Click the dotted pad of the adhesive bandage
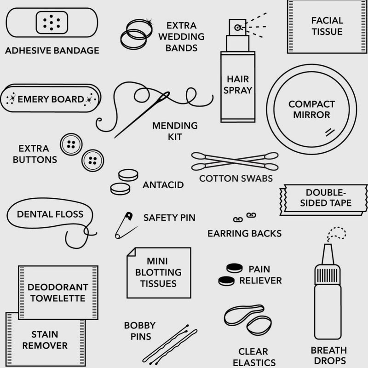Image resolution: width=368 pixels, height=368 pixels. coord(52,23)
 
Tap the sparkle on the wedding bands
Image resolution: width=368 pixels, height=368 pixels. coord(149,22)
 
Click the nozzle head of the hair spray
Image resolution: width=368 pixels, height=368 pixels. coord(237,28)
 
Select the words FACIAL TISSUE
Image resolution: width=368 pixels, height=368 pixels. coord(327,26)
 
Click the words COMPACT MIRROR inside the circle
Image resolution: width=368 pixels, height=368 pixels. coord(312,109)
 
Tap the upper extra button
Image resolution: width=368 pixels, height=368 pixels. coord(71,144)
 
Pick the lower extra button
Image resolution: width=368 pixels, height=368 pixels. coord(93,161)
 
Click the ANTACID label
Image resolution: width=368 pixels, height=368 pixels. coord(163,185)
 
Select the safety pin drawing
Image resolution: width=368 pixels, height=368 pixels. coord(126,225)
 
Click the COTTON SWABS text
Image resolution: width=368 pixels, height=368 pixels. coord(236,178)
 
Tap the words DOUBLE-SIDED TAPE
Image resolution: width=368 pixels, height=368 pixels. coord(326,198)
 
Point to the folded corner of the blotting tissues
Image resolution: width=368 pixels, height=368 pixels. coord(132,252)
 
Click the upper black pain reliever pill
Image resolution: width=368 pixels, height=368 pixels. coord(235,268)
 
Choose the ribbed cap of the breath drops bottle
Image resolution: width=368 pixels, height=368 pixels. coord(328,275)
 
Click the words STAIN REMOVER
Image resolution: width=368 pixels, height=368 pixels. coord(45,340)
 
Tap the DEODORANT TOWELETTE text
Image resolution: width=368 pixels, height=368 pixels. coord(58,293)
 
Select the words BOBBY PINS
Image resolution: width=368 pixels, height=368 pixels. coord(140,331)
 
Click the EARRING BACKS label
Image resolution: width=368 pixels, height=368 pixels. coord(245,234)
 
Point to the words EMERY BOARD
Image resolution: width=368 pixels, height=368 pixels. coord(51,99)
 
